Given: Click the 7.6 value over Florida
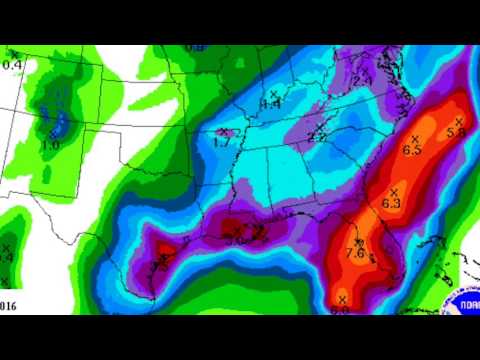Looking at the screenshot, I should (354, 253).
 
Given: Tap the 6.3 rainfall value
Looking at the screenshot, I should (391, 204).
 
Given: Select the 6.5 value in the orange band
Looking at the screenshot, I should (412, 150).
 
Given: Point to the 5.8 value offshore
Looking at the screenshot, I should (457, 132).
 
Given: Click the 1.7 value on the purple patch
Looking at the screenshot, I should (222, 142).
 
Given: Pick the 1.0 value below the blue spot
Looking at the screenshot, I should (50, 146).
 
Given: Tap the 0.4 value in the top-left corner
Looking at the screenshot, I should (12, 65).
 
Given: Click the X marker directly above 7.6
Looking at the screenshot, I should (356, 240).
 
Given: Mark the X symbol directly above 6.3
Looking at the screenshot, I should (393, 191).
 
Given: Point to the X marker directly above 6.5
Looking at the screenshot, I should (414, 138).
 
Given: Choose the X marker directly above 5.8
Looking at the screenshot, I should (459, 120).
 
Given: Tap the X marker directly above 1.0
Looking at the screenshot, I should (52, 134).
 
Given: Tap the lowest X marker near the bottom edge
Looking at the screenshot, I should (342, 298).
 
